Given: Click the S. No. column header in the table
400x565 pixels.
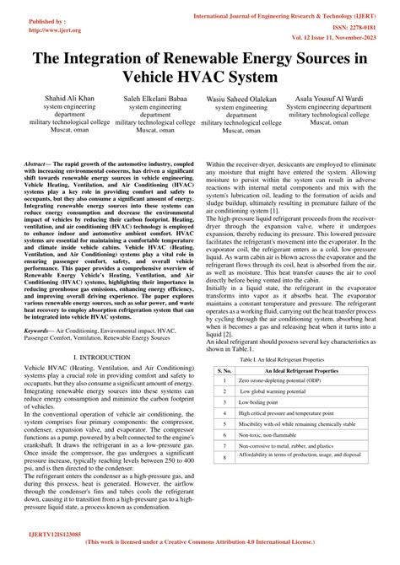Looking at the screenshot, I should pyautogui.click(x=224, y=369).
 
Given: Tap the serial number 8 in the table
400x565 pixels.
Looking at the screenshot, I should pyautogui.click(x=224, y=457).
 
